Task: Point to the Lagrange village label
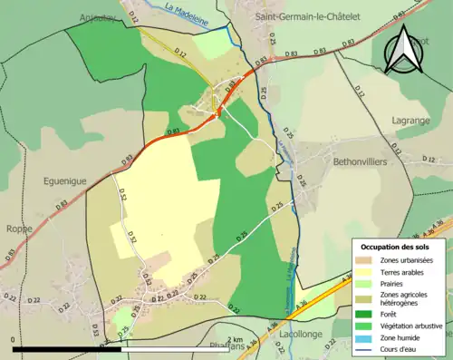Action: [412, 120]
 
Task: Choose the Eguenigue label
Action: [64, 180]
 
